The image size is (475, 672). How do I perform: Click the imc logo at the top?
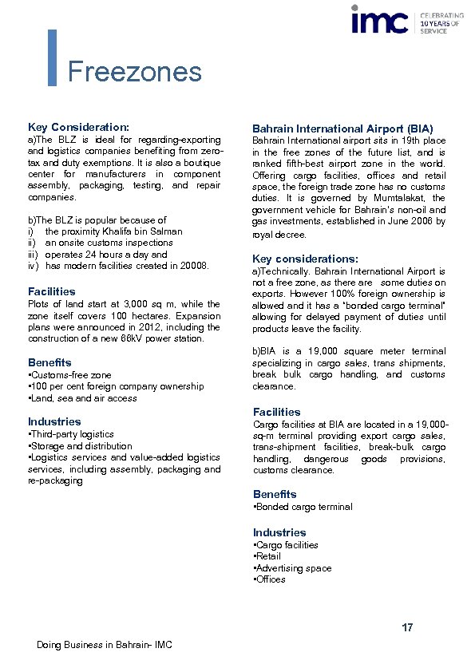[x=379, y=20]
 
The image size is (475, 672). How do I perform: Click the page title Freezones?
[x=134, y=72]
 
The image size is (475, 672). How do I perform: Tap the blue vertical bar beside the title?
[x=53, y=57]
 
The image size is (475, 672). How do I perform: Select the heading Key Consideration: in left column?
[x=78, y=127]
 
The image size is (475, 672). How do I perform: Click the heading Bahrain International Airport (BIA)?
[x=342, y=128]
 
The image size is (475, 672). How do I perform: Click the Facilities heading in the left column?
[x=52, y=291]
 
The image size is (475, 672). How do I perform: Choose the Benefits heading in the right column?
[x=275, y=494]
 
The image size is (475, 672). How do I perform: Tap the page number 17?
[x=407, y=628]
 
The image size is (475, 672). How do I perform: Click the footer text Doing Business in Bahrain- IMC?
[x=104, y=645]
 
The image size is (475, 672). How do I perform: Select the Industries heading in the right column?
[x=279, y=532]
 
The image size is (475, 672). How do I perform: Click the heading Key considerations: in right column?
[x=305, y=259]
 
